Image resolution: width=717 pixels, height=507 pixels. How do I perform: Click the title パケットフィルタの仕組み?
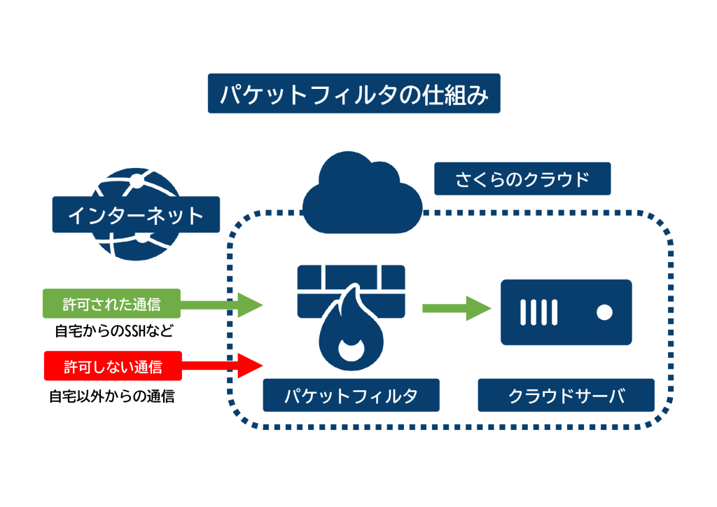[354, 94]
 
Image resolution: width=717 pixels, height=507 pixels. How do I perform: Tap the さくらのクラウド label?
[522, 179]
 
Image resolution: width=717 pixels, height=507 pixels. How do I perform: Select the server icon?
[566, 312]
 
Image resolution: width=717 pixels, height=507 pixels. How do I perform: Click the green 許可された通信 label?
[112, 304]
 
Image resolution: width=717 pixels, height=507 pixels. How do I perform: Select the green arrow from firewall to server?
[454, 307]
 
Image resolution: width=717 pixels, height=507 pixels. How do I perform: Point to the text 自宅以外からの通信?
[112, 396]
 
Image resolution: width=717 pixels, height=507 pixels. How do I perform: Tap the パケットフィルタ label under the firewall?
[351, 396]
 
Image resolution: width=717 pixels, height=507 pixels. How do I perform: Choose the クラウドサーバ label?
[566, 396]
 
